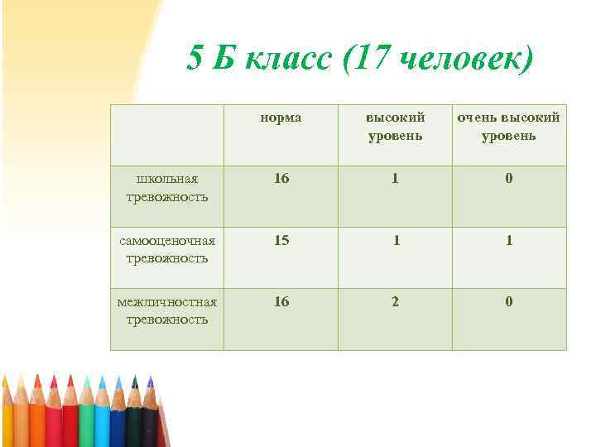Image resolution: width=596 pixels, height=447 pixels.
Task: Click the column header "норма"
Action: click(281, 118)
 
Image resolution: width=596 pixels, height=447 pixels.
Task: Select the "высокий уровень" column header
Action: click(395, 126)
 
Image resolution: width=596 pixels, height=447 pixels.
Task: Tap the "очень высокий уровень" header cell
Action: click(509, 126)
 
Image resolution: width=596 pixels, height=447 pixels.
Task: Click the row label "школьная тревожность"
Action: click(167, 188)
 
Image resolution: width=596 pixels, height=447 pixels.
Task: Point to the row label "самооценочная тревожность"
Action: click(167, 249)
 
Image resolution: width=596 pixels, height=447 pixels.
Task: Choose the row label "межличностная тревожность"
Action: click(167, 310)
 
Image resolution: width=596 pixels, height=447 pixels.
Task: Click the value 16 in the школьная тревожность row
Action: click(281, 178)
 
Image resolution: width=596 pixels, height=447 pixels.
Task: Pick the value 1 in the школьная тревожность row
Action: click(395, 178)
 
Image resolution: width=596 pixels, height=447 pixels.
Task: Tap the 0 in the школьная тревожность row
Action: click(509, 178)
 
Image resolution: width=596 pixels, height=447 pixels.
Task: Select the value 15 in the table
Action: click(281, 240)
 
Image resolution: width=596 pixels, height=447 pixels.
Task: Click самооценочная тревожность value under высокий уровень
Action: click(396, 240)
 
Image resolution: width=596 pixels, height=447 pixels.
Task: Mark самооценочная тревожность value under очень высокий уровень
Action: click(509, 240)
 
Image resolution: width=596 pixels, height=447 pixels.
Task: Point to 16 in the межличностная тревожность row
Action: click(281, 301)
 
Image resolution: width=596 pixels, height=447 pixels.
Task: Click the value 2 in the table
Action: click(395, 301)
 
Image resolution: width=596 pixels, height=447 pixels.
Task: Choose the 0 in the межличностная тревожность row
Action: click(509, 301)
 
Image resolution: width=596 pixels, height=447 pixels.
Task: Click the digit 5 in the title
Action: click(195, 59)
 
